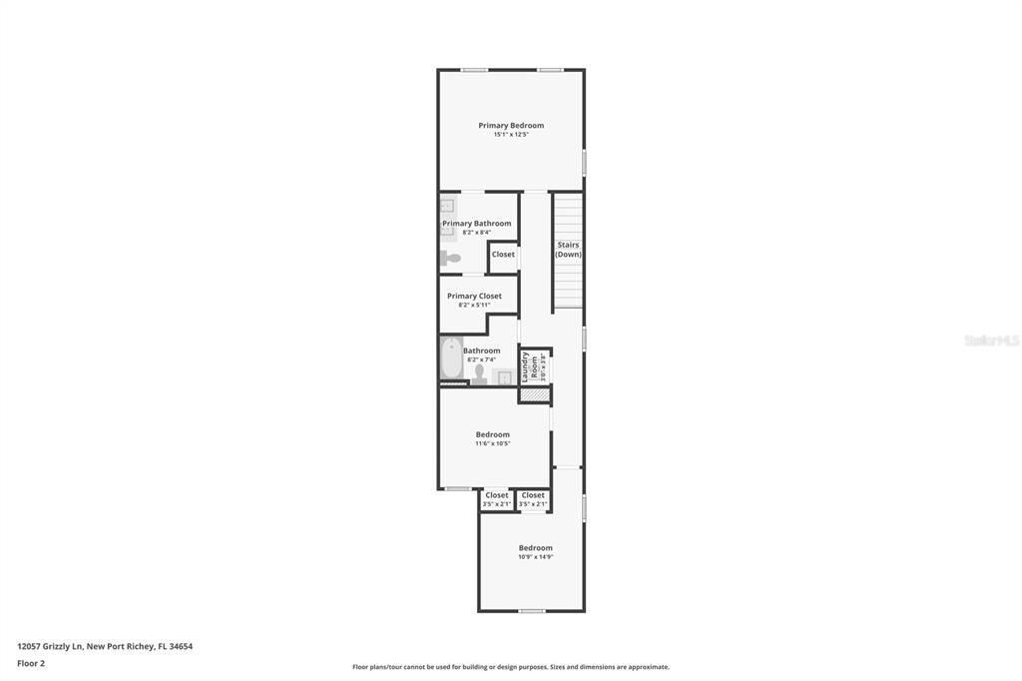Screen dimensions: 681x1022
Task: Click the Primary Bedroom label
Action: (511, 125)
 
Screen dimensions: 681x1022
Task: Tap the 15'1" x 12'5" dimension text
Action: (511, 134)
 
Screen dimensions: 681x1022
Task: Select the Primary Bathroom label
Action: (477, 224)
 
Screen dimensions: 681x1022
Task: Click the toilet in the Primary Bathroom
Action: (449, 259)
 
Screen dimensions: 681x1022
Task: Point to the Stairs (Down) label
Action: (568, 250)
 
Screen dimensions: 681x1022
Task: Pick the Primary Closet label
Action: (474, 296)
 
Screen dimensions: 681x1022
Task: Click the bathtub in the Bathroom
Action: (451, 358)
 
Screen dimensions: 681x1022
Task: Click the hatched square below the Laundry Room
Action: (535, 395)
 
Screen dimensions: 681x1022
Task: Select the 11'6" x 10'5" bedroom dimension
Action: (493, 443)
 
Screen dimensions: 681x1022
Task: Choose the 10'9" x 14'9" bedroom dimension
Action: (535, 556)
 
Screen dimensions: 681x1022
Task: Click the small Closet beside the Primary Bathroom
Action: (503, 255)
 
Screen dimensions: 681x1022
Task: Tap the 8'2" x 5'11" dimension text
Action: (474, 305)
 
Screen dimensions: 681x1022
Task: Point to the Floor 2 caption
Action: (31, 663)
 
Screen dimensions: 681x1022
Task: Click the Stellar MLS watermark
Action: (991, 340)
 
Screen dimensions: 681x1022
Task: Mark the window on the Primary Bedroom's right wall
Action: (584, 163)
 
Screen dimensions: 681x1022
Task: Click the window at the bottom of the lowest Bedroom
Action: (532, 611)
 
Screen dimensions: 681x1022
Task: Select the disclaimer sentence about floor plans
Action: (511, 667)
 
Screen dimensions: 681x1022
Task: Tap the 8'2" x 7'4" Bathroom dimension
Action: (481, 359)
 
